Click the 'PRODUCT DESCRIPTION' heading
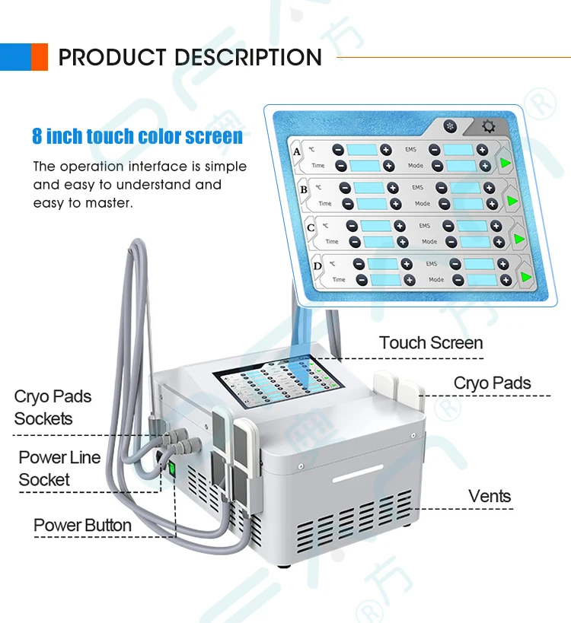click(190, 57)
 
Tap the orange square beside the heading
click(39, 57)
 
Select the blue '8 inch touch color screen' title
click(138, 137)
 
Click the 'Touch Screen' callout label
click(431, 343)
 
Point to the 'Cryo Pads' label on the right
click(492, 383)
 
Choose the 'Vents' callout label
click(490, 497)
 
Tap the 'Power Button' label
click(82, 526)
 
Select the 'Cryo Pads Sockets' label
click(53, 408)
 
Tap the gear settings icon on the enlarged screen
click(488, 127)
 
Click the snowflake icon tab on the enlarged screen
click(450, 126)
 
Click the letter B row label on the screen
click(304, 189)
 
